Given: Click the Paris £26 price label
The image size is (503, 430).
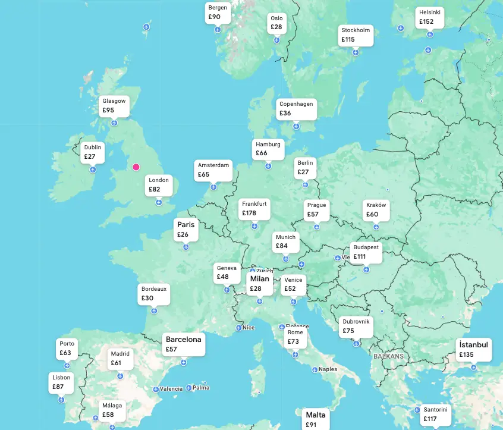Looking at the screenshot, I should click(x=186, y=230).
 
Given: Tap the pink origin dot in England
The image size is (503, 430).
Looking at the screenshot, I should click(x=136, y=167).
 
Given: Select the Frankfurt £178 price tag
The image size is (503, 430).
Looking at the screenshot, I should click(x=254, y=208).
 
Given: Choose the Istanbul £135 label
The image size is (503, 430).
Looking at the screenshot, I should click(x=474, y=350).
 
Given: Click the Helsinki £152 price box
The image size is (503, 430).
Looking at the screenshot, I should click(x=430, y=17).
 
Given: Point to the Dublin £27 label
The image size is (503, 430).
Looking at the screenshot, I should click(x=93, y=152).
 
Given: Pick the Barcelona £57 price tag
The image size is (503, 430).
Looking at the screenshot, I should click(x=184, y=344).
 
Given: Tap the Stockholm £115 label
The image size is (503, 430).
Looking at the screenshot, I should click(x=356, y=35).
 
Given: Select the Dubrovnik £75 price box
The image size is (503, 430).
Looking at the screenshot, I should click(x=356, y=326).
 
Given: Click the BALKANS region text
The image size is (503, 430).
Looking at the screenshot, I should click(x=388, y=356).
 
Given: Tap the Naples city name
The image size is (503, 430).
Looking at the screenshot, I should click(x=328, y=369).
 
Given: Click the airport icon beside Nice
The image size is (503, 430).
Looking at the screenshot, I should click(x=238, y=328).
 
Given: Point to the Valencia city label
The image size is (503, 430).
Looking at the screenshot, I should click(x=171, y=389).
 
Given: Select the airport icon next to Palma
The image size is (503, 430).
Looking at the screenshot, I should click(x=190, y=388).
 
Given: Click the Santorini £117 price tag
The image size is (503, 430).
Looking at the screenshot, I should click(x=435, y=414).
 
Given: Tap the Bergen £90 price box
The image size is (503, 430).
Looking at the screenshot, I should click(x=217, y=12).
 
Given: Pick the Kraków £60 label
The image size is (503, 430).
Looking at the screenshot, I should click(x=376, y=210).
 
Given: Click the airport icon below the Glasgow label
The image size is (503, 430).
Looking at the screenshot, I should click(x=114, y=123).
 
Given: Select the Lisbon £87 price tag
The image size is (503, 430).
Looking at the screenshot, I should click(x=61, y=382).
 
